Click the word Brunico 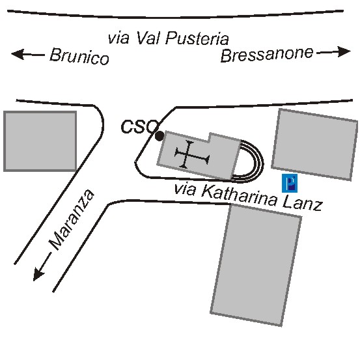point(79,57)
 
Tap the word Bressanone point(267,55)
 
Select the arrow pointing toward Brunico point(28,55)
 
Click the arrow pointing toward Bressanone point(333,52)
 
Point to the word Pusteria point(197,38)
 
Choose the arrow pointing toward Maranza point(42,267)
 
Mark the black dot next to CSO point(159,136)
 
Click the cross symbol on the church point(192,154)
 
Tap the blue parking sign point(290,183)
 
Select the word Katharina point(239,196)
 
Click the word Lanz point(302,203)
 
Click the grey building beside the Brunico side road point(40,141)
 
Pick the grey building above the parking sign point(314,145)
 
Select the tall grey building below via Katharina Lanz point(256,265)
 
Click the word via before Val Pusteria point(118,38)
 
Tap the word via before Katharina point(185,189)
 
